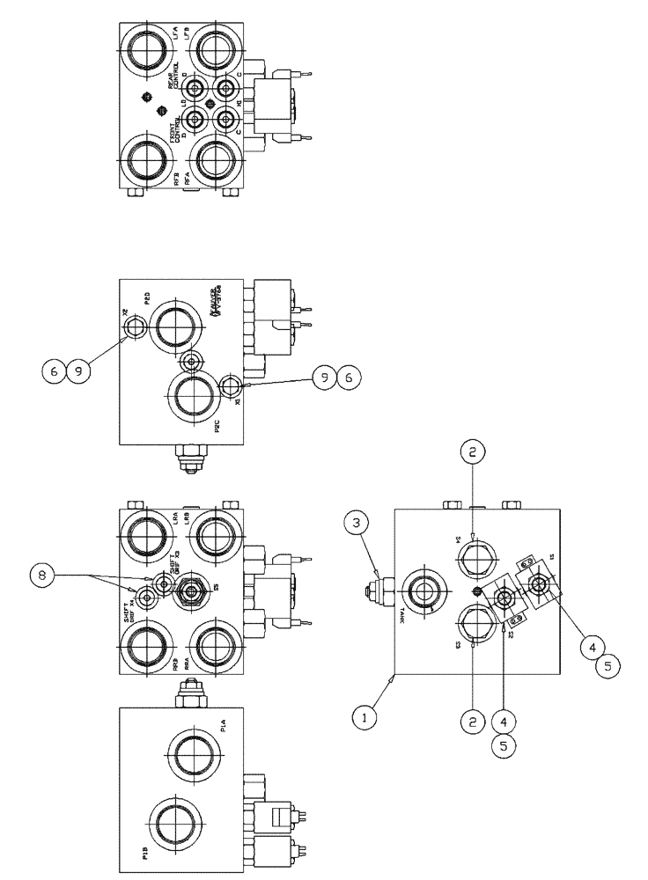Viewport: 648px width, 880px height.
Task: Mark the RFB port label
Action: [x=178, y=180]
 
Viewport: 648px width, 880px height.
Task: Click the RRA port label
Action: [x=188, y=666]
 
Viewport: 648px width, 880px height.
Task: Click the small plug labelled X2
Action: [x=134, y=329]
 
